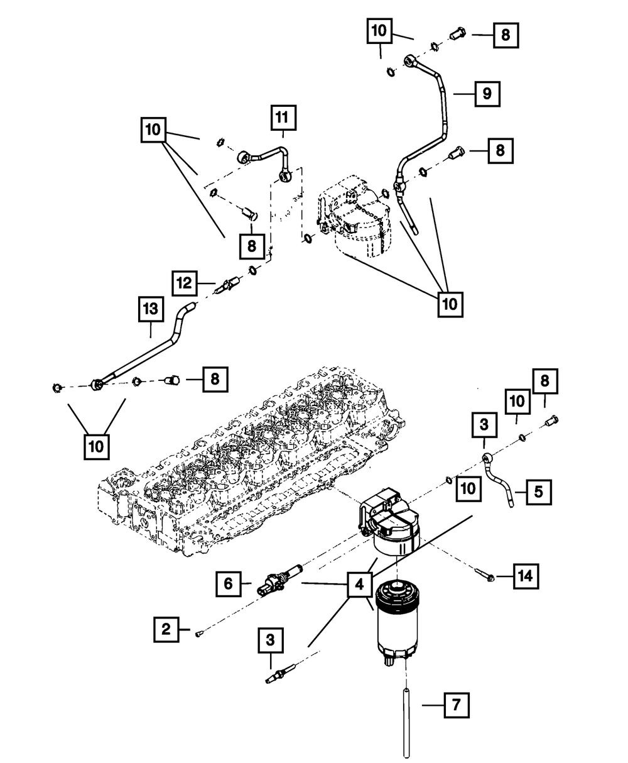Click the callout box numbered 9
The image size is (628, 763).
pos(487,94)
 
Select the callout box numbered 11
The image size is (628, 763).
pos(283,117)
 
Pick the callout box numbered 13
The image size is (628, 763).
pos(151,310)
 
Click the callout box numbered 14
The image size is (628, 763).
pos(526,574)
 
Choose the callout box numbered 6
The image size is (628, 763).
pos(229,584)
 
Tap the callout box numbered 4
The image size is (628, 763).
pos(359,585)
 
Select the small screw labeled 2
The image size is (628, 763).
pos(199,635)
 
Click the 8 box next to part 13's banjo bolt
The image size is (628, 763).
pos(215,378)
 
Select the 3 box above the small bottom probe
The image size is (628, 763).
pos(270,640)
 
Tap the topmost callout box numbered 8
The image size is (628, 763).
pos(506,35)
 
